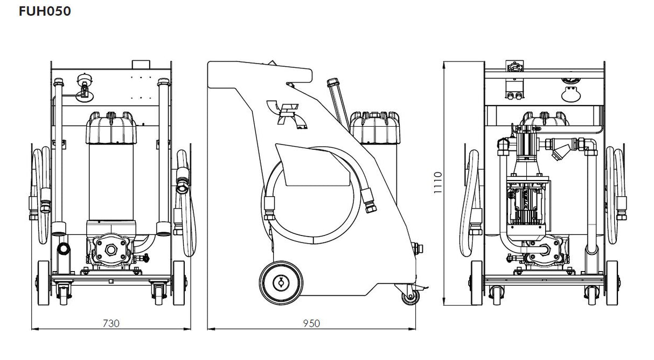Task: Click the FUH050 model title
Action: pos(45,11)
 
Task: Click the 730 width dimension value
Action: pos(111,323)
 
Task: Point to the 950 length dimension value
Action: pos(311,323)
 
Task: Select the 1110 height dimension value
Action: pos(437,183)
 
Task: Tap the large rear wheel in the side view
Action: pos(281,282)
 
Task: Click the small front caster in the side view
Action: pos(410,296)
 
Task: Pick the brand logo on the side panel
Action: pos(287,114)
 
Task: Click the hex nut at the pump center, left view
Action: pos(111,250)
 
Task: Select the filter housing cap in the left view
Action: pos(111,128)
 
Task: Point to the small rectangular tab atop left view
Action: pos(141,65)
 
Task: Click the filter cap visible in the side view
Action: pos(374,128)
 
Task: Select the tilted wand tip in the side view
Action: pos(332,82)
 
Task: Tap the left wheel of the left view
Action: pos(44,283)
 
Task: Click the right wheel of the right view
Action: pos(611,283)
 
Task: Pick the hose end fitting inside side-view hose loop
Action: pos(369,200)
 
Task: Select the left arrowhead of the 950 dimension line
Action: pos(211,329)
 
